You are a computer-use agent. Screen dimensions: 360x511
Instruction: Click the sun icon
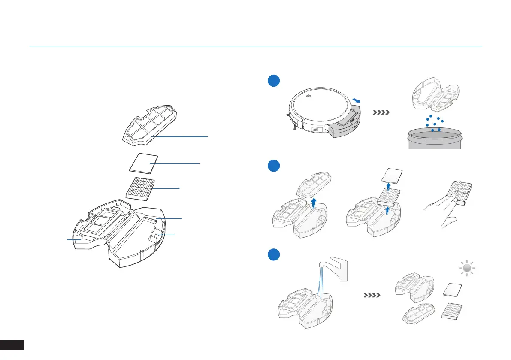tap(468, 269)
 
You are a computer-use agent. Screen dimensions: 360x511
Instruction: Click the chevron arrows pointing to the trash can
tap(381, 113)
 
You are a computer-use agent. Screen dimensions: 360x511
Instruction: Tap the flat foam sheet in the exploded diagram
tap(143, 163)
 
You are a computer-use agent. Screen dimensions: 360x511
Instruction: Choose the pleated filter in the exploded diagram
tap(141, 188)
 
